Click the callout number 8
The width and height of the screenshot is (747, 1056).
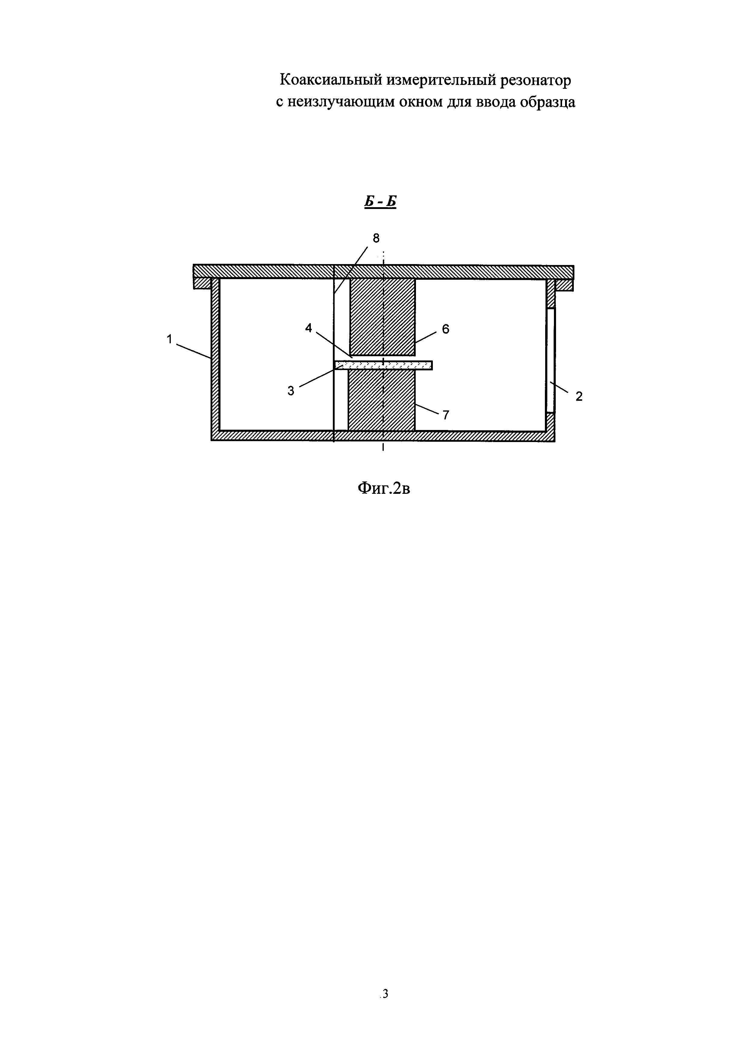[x=376, y=238]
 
